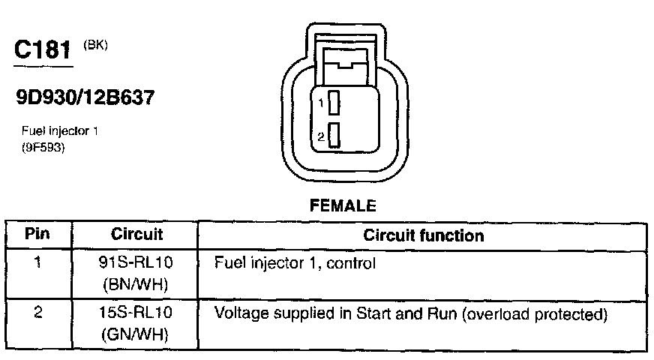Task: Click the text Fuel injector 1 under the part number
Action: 60,131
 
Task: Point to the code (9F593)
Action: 44,147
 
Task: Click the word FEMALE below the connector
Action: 342,205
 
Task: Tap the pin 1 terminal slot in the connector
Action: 334,103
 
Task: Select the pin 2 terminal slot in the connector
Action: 334,136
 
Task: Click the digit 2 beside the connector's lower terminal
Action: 321,137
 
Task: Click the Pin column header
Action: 37,235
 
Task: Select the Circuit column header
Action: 136,235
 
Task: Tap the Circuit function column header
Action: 423,235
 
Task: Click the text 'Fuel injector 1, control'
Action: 295,264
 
